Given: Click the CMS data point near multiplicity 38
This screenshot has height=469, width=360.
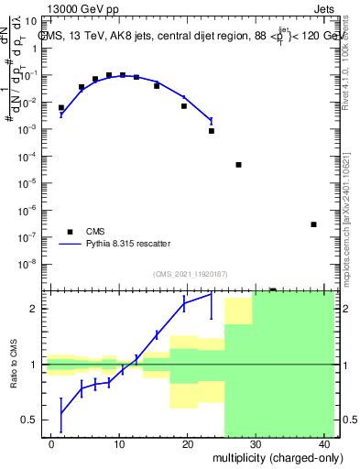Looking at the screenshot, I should [313, 224].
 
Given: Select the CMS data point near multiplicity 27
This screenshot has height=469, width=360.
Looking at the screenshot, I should [238, 165].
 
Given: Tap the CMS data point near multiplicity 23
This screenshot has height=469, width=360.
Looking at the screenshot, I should [211, 131].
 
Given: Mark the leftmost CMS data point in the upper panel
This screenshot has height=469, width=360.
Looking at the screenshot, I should [61, 108].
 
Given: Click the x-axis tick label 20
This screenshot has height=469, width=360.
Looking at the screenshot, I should [187, 443].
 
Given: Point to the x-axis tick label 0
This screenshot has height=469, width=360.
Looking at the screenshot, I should [52, 443].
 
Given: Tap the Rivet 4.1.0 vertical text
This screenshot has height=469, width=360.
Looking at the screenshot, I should [347, 55].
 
